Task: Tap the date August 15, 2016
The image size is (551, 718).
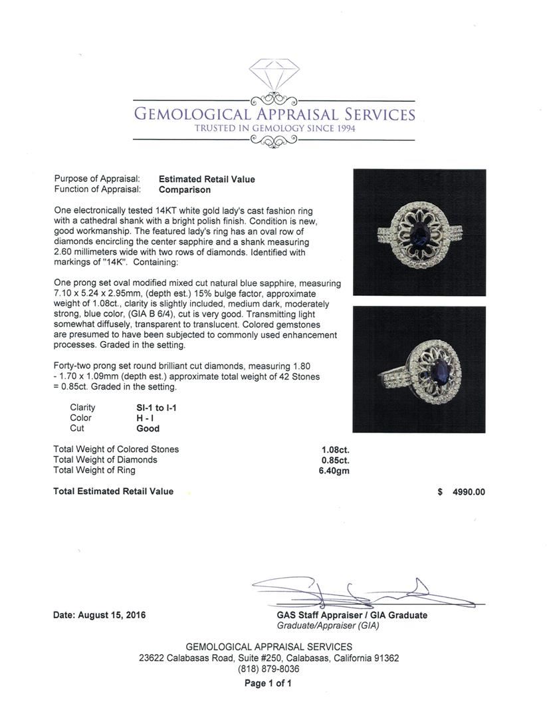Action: click(99, 615)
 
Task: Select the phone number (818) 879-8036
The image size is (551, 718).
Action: click(269, 669)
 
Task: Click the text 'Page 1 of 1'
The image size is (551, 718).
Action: click(269, 683)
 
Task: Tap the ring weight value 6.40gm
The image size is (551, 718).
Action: click(334, 471)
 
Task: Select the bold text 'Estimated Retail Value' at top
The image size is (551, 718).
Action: click(207, 179)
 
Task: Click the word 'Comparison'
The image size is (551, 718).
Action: click(185, 189)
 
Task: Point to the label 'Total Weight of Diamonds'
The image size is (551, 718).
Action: click(105, 459)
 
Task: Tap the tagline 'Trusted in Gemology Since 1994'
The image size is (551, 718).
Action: click(275, 128)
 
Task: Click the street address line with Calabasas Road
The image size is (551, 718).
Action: click(269, 658)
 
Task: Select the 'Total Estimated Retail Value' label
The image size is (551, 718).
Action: click(113, 491)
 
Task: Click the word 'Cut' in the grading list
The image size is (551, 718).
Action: click(77, 429)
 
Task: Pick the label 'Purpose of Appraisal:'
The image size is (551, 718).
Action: click(96, 179)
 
